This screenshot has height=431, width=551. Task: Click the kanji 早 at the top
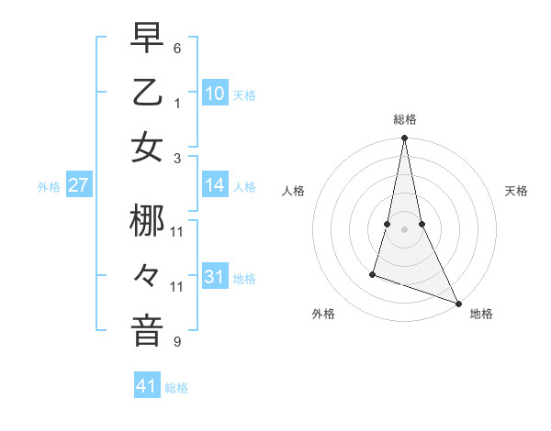pyautogui.click(x=147, y=39)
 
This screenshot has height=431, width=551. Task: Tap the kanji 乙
pyautogui.click(x=147, y=93)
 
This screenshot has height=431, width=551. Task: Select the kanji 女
pyautogui.click(x=147, y=147)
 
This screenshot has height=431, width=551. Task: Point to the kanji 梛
pyautogui.click(x=147, y=222)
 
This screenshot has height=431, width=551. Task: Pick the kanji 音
pyautogui.click(x=147, y=330)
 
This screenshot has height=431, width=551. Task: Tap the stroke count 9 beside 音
pyautogui.click(x=177, y=342)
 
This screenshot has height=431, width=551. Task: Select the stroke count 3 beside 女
pyautogui.click(x=177, y=158)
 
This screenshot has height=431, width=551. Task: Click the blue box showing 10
pyautogui.click(x=215, y=93)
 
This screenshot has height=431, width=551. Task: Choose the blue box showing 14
pyautogui.click(x=215, y=185)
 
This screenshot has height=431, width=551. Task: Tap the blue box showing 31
pyautogui.click(x=215, y=276)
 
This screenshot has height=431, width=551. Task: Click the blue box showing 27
pyautogui.click(x=79, y=185)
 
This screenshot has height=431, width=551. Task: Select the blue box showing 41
pyautogui.click(x=147, y=386)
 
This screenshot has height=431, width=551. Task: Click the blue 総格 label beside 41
pyautogui.click(x=176, y=388)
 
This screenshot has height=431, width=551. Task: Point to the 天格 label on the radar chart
pyautogui.click(x=516, y=191)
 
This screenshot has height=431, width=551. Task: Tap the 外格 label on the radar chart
pyautogui.click(x=323, y=314)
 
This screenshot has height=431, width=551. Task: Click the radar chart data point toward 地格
pyautogui.click(x=457, y=304)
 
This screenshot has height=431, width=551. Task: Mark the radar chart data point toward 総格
pyautogui.click(x=404, y=139)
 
